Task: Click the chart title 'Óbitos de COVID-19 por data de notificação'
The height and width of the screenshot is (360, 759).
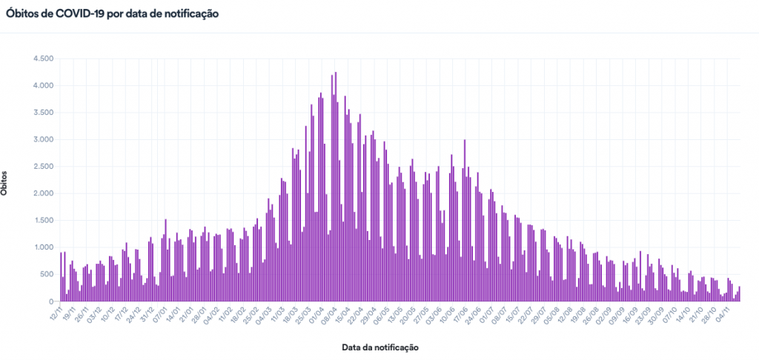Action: (112, 14)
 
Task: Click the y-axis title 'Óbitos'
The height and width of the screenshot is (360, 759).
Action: (6, 181)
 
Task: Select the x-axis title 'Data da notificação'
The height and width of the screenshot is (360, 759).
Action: (380, 347)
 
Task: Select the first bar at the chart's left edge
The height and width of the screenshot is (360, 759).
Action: (61, 277)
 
